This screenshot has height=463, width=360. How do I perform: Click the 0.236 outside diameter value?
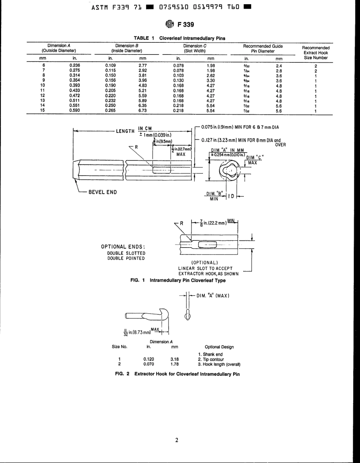click(74, 65)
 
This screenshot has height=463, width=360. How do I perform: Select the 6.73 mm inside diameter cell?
click(142, 111)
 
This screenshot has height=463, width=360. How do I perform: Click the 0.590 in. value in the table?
click(74, 111)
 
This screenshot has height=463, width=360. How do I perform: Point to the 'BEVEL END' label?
click(102, 192)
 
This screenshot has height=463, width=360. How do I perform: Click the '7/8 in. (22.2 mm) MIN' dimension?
click(214, 223)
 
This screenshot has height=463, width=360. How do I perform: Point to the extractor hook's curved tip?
click(165, 314)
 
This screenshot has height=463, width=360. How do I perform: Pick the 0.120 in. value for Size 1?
click(148, 359)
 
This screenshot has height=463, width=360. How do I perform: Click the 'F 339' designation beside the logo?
click(185, 25)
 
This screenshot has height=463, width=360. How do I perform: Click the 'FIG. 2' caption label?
click(122, 374)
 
